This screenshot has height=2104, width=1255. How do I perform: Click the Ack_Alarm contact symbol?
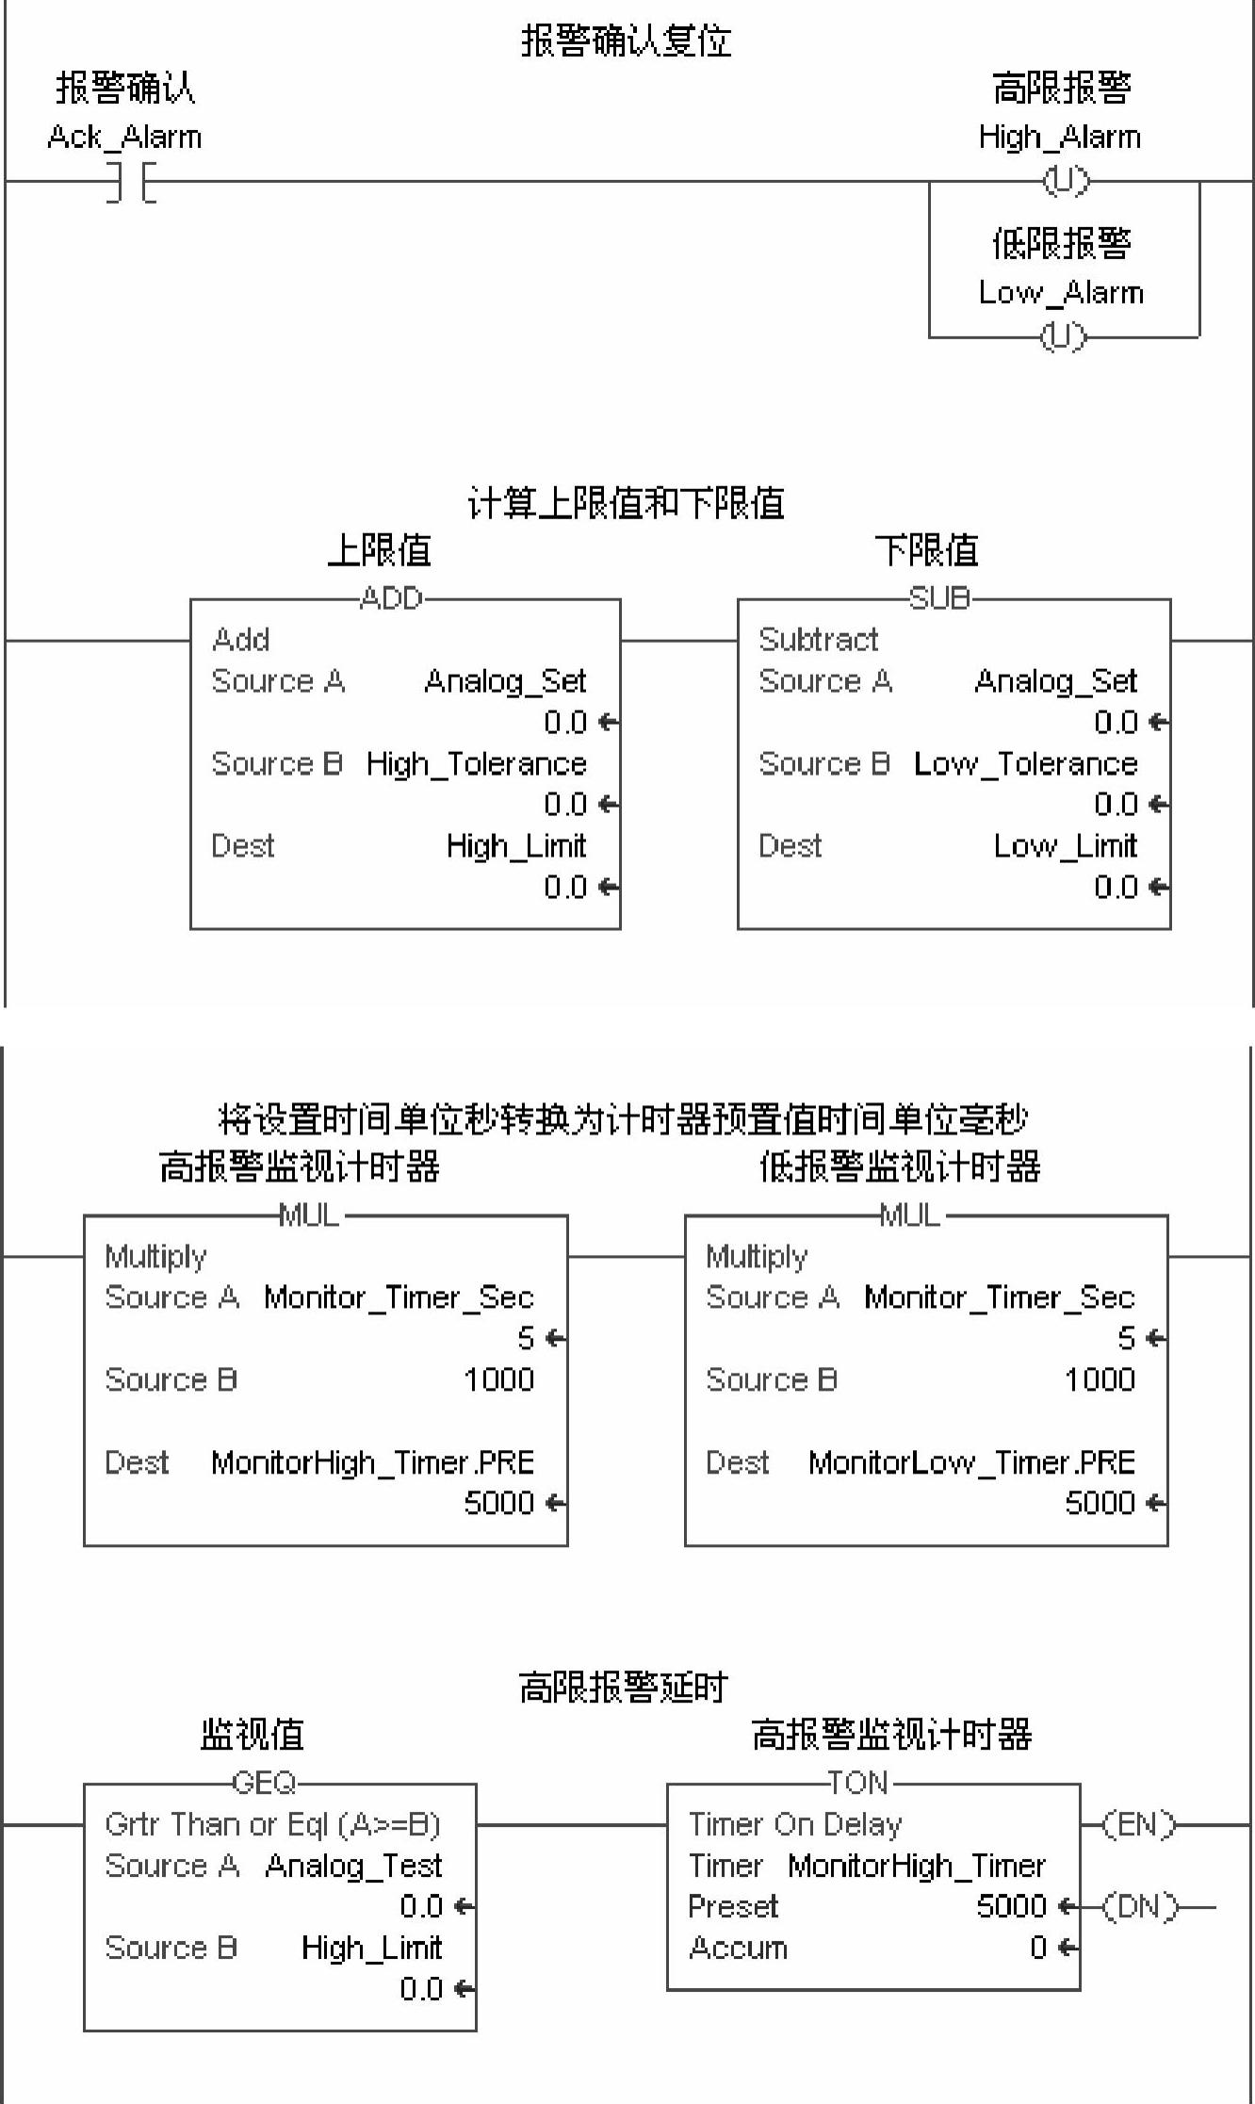[131, 181]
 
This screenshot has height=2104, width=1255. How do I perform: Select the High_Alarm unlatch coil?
[1065, 180]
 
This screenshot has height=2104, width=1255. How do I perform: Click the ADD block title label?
[392, 598]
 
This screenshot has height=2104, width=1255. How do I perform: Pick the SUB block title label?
[939, 598]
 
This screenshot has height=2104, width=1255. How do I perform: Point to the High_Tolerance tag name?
[476, 763]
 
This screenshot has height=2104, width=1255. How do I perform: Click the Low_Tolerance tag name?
[1025, 763]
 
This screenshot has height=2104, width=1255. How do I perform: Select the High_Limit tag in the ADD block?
[516, 846]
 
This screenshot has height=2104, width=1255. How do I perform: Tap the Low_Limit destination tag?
[1065, 846]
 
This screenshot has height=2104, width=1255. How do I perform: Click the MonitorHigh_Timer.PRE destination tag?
[372, 1461]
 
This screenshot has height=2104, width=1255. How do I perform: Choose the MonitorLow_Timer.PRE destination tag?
[971, 1461]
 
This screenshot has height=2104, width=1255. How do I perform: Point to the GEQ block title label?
[264, 1782]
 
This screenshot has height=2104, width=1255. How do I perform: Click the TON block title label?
[858, 1782]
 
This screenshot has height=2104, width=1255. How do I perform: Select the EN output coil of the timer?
[1139, 1825]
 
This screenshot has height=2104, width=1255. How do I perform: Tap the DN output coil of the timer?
[1139, 1906]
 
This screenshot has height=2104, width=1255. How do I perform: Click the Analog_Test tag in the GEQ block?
[353, 1866]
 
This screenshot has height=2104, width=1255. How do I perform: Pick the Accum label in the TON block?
[738, 1948]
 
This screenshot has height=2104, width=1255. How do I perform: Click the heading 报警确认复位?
[627, 41]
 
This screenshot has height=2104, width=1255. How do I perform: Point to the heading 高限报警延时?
[624, 1687]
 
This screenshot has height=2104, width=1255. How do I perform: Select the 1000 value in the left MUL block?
[498, 1379]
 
